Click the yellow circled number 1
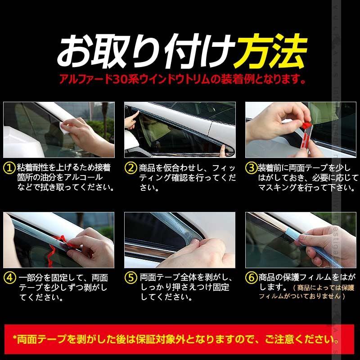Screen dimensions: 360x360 (9, 168)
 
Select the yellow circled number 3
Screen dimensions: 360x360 (251, 168)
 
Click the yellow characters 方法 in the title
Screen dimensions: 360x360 (271, 50)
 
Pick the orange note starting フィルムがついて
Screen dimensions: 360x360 (301, 296)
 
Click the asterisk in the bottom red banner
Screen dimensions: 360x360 (16, 337)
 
